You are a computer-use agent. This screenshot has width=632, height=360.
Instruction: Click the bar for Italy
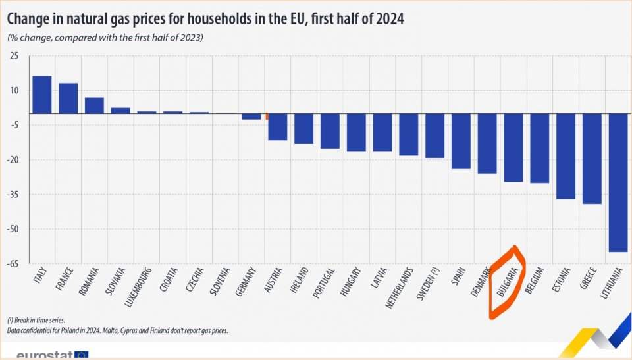click(x=42, y=95)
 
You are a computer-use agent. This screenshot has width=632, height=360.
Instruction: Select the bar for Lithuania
click(x=618, y=182)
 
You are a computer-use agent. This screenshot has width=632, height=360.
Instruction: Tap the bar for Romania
click(x=94, y=105)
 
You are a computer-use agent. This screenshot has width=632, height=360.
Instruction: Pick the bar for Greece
click(x=592, y=159)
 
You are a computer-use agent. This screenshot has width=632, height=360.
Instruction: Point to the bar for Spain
click(x=461, y=141)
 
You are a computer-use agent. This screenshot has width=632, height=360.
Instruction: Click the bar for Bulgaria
click(x=513, y=147)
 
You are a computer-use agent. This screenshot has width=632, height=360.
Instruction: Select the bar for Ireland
click(x=303, y=128)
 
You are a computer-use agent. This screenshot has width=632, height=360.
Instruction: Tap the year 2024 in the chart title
click(x=385, y=19)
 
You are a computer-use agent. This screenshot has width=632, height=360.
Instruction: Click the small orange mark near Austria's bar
click(x=267, y=116)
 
